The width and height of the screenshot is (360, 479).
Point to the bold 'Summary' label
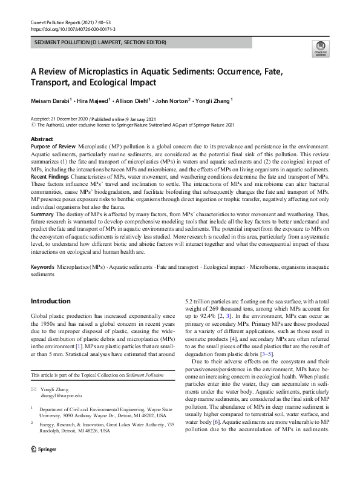coord(42,215)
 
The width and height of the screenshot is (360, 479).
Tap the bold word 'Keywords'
coord(44,267)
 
